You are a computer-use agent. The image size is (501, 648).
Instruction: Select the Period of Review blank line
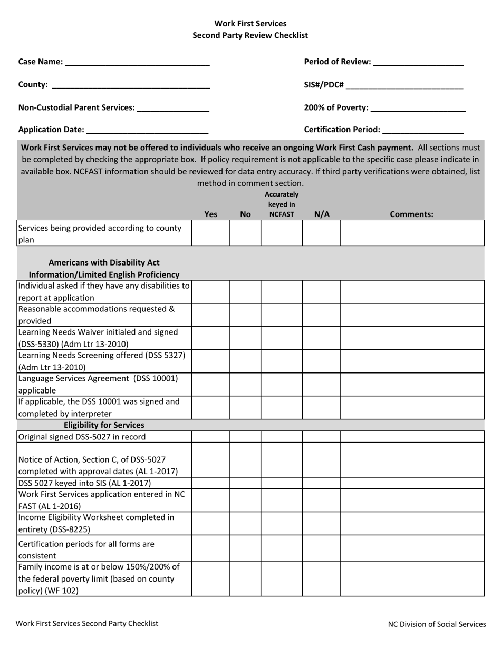click(418, 63)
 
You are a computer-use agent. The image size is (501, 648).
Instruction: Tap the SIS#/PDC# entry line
click(404, 85)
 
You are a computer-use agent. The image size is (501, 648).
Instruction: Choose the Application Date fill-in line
click(147, 130)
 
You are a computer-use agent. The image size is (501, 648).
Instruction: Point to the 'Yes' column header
click(210, 214)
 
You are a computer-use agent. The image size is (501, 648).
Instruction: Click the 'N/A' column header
click(321, 214)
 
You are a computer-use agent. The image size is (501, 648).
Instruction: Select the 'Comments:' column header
click(411, 214)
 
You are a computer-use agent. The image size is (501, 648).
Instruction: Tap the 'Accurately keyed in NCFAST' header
click(282, 204)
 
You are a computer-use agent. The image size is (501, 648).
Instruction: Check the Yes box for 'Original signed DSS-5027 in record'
click(210, 437)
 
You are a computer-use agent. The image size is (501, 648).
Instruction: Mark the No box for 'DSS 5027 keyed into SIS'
click(245, 483)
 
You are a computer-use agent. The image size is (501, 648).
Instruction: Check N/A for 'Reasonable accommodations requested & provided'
click(321, 315)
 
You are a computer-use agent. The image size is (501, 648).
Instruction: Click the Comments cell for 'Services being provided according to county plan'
click(412, 233)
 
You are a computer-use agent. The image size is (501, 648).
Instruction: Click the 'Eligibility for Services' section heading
click(104, 425)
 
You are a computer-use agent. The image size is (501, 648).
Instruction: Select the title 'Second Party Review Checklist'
click(250, 35)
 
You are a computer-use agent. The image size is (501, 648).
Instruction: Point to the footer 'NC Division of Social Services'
click(437, 624)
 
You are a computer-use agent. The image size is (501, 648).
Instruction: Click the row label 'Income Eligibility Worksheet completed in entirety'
click(97, 523)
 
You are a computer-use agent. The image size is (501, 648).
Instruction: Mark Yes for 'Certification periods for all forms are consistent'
click(210, 549)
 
